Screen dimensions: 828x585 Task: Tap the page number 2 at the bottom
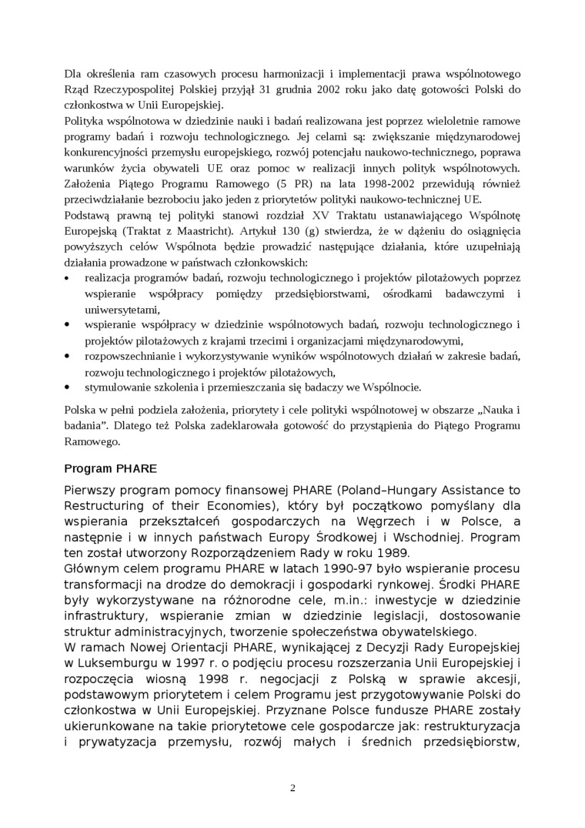click(x=292, y=787)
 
